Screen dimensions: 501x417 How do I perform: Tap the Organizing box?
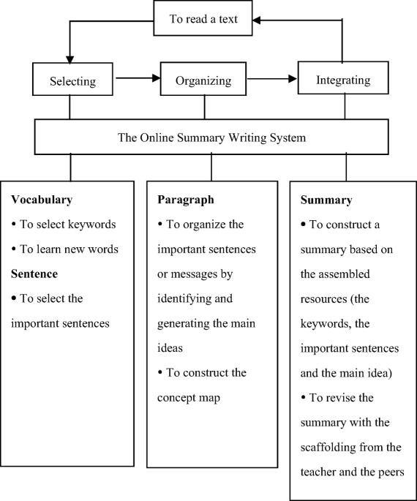click(x=204, y=80)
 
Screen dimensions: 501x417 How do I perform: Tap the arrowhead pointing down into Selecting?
click(x=69, y=58)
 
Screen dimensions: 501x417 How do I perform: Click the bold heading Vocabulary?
click(x=42, y=199)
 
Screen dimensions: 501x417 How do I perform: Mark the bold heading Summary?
click(x=326, y=199)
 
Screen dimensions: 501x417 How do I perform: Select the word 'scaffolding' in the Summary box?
click(x=329, y=448)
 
